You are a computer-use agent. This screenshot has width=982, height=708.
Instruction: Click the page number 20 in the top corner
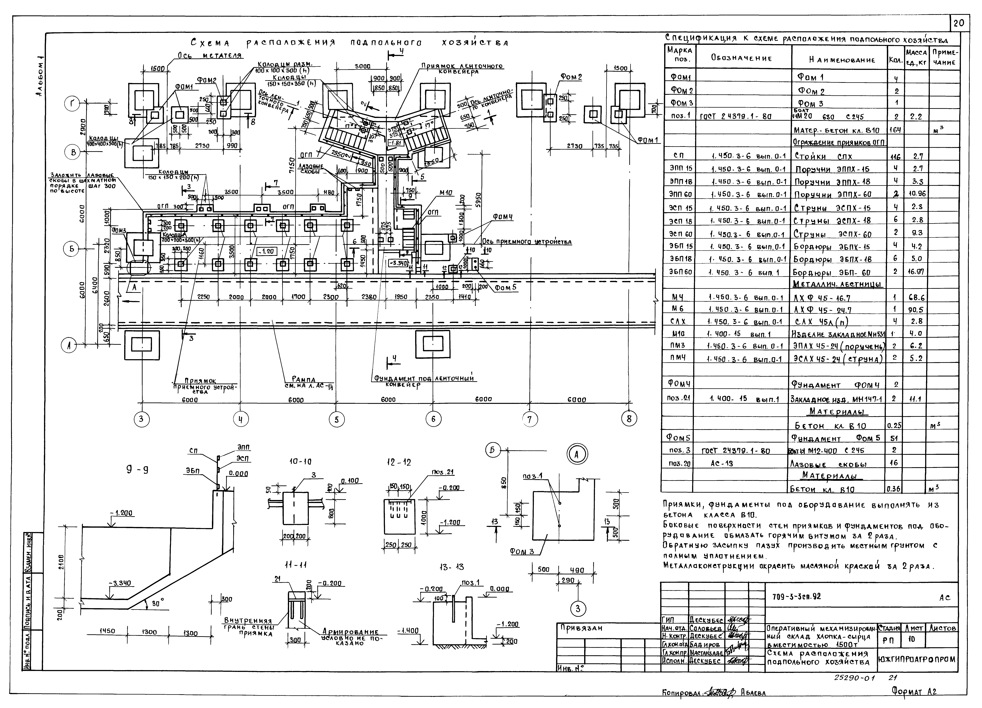[x=959, y=23]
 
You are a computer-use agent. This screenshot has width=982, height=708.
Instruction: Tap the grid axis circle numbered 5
[x=336, y=419]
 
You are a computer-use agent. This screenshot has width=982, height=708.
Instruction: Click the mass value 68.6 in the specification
[x=916, y=298]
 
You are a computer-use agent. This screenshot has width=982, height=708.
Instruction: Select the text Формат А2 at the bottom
[x=914, y=692]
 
